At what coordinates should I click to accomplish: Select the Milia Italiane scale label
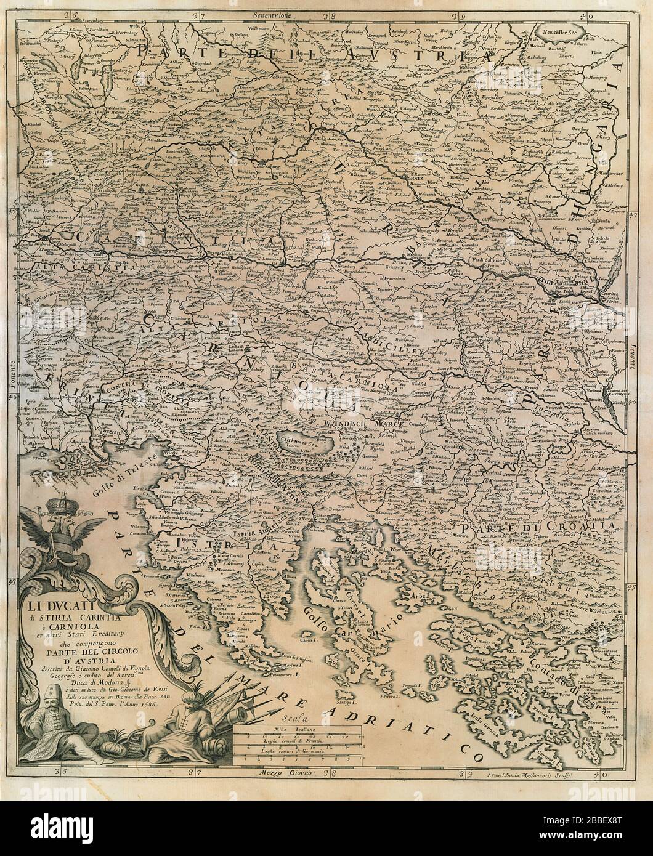297,729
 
